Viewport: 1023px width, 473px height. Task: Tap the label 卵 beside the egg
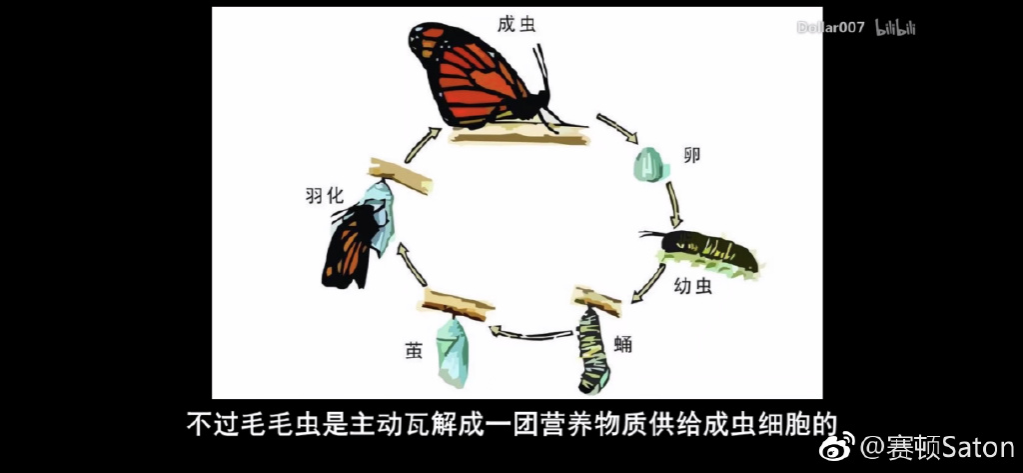pyautogui.click(x=690, y=156)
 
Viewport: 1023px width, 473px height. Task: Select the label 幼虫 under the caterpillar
pyautogui.click(x=691, y=288)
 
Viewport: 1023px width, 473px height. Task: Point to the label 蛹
pyautogui.click(x=623, y=345)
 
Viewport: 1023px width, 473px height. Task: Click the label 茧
pyautogui.click(x=414, y=350)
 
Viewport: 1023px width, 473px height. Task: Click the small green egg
pyautogui.click(x=650, y=160)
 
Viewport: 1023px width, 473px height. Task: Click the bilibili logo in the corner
pyautogui.click(x=895, y=27)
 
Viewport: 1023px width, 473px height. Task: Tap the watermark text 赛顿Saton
pyautogui.click(x=938, y=446)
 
